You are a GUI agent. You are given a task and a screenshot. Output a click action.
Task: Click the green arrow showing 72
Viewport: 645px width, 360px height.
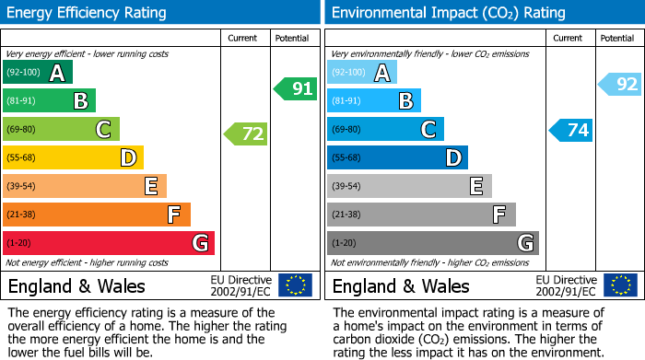pyautogui.click(x=246, y=134)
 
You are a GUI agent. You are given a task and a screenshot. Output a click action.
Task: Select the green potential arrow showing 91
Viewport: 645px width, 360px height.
pyautogui.click(x=295, y=89)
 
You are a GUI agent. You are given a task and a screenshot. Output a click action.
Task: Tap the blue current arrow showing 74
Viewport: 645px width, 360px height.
pyautogui.click(x=570, y=130)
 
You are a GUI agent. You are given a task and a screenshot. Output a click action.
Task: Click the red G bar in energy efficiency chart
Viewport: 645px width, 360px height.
pyautogui.click(x=109, y=243)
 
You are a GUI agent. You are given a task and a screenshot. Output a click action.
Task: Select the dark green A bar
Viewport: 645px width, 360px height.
pyautogui.click(x=38, y=73)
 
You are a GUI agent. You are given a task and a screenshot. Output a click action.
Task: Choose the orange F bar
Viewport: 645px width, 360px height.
pyautogui.click(x=97, y=215)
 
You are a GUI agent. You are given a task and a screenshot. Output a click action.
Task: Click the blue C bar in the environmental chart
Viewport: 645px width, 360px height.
pyautogui.click(x=385, y=130)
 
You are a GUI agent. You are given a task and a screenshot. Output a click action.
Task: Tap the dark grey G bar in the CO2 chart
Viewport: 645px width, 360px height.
pyautogui.click(x=433, y=243)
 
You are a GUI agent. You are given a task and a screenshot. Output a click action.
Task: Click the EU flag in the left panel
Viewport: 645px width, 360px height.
pyautogui.click(x=296, y=285)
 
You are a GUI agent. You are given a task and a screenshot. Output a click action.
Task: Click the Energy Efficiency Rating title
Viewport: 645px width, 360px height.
pyautogui.click(x=88, y=13)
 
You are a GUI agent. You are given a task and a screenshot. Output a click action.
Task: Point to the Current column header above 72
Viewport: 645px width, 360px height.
pyautogui.click(x=244, y=38)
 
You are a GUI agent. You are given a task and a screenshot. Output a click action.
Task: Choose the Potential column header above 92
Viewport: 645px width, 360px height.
pyautogui.click(x=617, y=38)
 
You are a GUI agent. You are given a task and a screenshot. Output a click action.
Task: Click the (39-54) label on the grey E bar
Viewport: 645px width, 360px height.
pyautogui.click(x=347, y=187)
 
